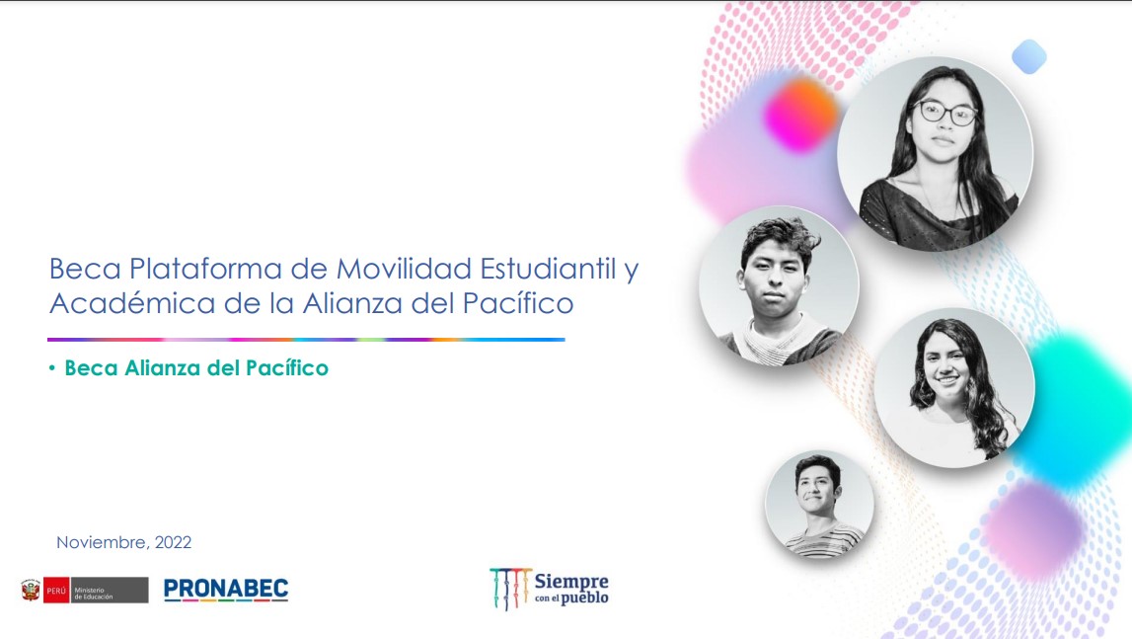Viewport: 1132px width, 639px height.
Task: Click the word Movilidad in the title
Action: tap(404, 269)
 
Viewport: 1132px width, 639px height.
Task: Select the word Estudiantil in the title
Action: tap(548, 269)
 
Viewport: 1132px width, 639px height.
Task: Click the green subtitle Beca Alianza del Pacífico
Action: tap(196, 368)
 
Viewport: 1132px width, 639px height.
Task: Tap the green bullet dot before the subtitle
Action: tap(52, 368)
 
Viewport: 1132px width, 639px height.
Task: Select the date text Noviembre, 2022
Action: tap(124, 542)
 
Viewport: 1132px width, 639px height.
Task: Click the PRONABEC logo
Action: tap(226, 590)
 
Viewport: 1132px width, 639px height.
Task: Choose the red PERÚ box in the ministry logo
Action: tap(56, 590)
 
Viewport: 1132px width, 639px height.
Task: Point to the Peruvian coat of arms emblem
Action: tap(31, 590)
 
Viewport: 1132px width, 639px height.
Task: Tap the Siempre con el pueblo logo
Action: tap(550, 589)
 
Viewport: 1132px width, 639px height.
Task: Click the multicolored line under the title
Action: tap(306, 339)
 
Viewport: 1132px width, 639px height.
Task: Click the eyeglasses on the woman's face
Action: tap(945, 112)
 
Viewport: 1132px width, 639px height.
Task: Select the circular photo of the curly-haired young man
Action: tap(779, 285)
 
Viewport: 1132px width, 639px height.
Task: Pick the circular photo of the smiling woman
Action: tap(954, 387)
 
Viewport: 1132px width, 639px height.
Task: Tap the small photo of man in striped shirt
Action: tap(819, 505)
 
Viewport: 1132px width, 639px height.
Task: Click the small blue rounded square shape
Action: tap(1029, 56)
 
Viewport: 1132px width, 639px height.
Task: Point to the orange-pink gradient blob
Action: tap(800, 116)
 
